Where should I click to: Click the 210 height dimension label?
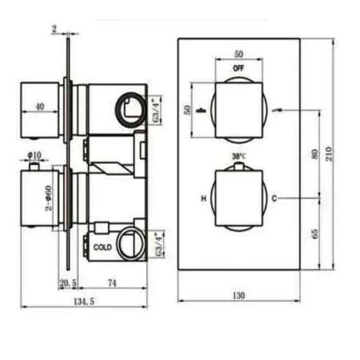click(x=328, y=154)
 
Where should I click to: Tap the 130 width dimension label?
click(x=239, y=295)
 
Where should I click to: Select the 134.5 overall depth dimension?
click(x=84, y=301)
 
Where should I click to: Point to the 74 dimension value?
click(x=112, y=283)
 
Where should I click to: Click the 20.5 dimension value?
click(x=68, y=283)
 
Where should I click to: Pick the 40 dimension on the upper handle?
click(x=40, y=106)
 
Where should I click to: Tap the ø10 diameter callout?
click(x=35, y=155)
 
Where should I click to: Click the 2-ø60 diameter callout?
click(x=49, y=198)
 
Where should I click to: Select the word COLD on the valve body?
click(x=103, y=248)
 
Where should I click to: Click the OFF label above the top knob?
click(x=239, y=68)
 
